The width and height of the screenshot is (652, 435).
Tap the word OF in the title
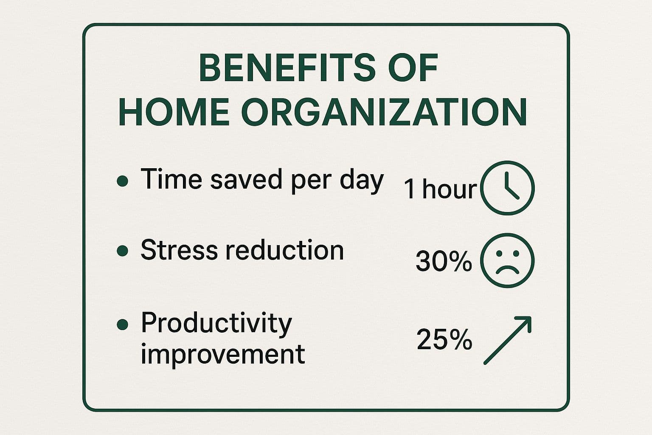click(x=413, y=67)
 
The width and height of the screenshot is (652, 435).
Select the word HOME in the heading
click(x=174, y=112)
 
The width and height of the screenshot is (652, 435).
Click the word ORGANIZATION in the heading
click(x=384, y=112)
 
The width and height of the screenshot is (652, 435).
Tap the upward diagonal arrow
click(x=507, y=340)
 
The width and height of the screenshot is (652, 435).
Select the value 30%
click(x=444, y=261)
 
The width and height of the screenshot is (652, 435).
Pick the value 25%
click(x=444, y=339)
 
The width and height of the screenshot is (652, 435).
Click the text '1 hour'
click(x=440, y=189)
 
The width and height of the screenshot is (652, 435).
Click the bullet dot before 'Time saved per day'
click(x=123, y=181)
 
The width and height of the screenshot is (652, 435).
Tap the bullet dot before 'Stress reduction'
click(x=123, y=251)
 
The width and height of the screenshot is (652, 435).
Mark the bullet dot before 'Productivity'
click(x=123, y=324)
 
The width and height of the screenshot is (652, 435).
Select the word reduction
click(x=285, y=249)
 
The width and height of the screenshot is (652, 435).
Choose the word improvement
click(x=223, y=355)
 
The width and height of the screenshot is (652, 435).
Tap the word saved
click(x=246, y=179)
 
